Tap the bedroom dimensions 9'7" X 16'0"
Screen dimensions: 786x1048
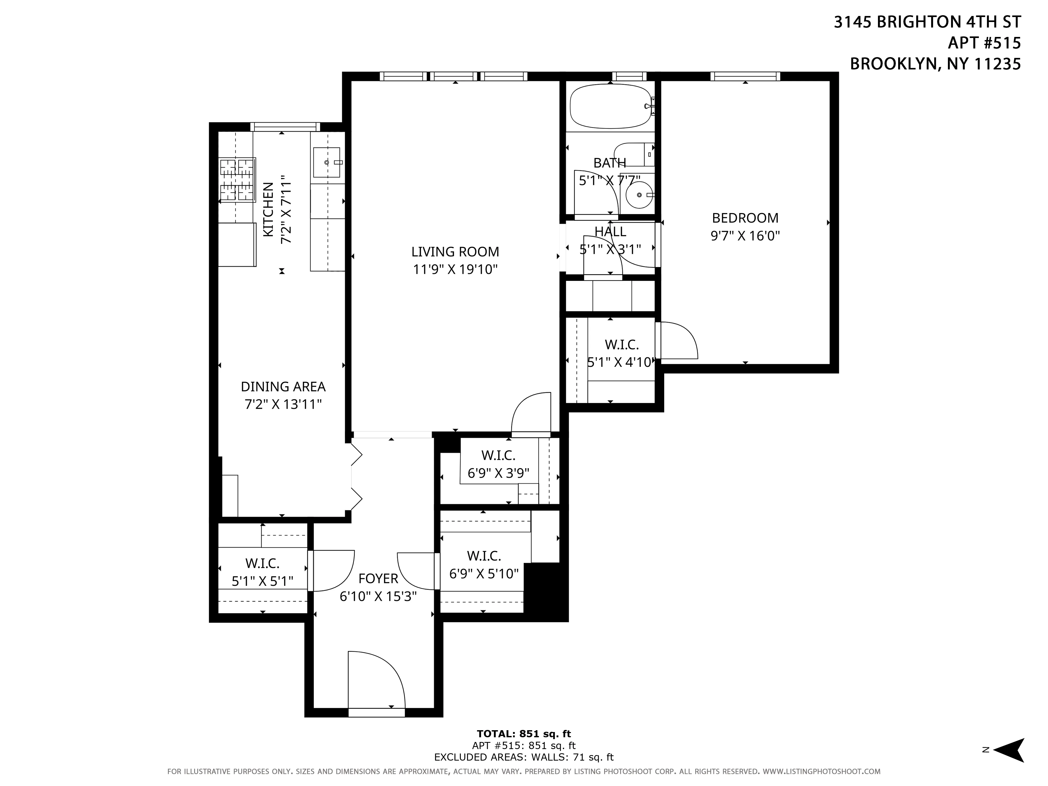pos(745,236)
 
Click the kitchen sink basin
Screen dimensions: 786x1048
pos(326,162)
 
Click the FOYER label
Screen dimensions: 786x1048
pos(378,578)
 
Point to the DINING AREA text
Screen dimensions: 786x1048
pos(283,387)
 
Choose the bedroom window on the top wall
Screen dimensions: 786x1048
pos(745,76)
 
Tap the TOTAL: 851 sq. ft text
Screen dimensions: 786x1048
pos(523,734)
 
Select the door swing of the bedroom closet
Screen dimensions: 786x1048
pos(678,340)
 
